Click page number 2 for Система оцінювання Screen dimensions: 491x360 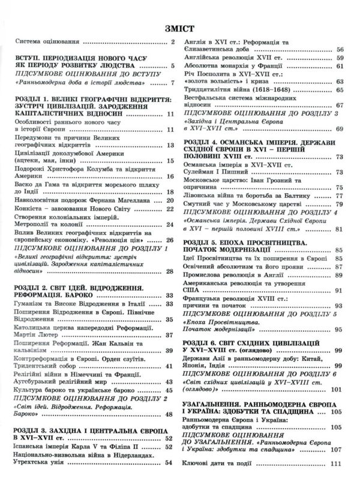173,42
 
